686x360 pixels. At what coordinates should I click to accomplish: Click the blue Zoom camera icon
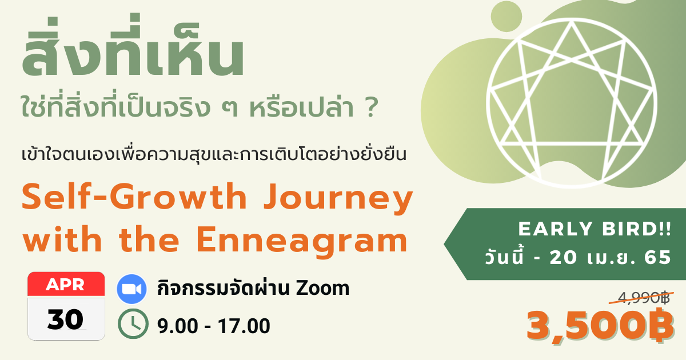(131, 289)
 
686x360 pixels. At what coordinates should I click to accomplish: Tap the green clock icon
(133, 323)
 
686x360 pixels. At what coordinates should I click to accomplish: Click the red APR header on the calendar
(66, 285)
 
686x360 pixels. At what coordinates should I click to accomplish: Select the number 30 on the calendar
(65, 319)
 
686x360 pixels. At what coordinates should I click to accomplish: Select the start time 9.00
(178, 326)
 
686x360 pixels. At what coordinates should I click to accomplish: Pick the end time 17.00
(244, 326)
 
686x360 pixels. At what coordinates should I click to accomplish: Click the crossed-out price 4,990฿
(644, 298)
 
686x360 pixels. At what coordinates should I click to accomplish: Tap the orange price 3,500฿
(600, 326)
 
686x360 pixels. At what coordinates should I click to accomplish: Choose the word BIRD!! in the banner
(636, 229)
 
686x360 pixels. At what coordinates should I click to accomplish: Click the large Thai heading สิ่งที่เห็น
(133, 45)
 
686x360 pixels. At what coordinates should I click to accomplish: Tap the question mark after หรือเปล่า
(371, 107)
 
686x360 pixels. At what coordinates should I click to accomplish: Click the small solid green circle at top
(506, 17)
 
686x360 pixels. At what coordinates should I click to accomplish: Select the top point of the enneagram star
(572, 22)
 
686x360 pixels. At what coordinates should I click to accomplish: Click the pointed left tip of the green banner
(444, 245)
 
